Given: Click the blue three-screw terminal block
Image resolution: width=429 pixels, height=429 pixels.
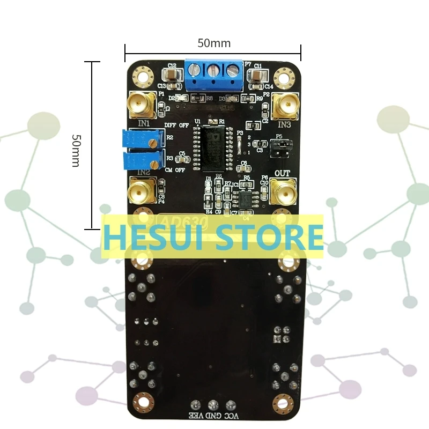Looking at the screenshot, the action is [x=213, y=75].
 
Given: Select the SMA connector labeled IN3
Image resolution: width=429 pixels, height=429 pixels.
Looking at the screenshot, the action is [x=284, y=105].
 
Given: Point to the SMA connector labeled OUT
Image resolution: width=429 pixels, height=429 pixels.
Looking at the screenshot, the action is [x=283, y=190].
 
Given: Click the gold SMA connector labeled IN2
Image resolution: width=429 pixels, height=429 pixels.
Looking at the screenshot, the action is [x=140, y=190].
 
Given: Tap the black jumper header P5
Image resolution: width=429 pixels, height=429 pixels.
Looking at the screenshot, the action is [x=278, y=147].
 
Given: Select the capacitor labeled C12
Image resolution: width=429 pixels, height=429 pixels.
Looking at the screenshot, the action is [x=172, y=73].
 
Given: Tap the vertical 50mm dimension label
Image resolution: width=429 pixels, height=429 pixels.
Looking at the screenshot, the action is [x=76, y=151].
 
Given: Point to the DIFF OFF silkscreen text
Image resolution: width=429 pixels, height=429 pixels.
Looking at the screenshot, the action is [x=176, y=124].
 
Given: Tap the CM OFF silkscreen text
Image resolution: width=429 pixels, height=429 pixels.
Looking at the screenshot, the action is [x=175, y=171].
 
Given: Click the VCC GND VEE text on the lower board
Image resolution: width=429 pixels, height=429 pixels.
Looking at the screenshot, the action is [x=213, y=416].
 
